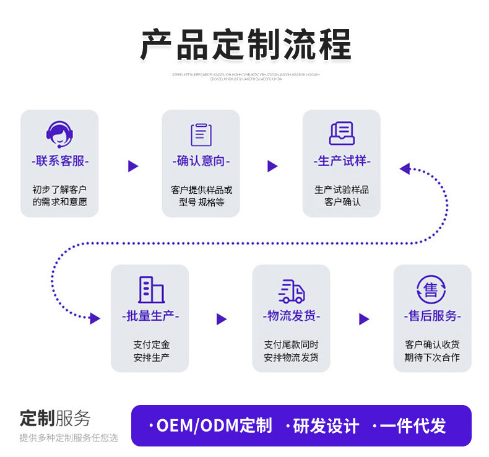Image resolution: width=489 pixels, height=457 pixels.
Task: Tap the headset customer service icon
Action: coord(59,134)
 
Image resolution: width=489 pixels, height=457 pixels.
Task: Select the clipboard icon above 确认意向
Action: coord(201,134)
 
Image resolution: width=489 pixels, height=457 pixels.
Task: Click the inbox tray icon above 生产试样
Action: coord(341,133)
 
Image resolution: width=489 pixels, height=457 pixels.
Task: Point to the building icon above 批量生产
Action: coord(150,289)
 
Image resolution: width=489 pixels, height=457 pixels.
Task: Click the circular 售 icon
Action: coord(431,289)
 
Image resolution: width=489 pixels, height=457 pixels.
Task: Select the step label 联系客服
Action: coord(60,161)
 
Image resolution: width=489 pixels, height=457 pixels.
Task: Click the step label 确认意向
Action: coord(201,161)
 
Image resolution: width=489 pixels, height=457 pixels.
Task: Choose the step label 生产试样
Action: coord(341,161)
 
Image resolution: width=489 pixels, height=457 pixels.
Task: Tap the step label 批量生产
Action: coord(150,316)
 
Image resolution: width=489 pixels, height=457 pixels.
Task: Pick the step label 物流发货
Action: coord(292,316)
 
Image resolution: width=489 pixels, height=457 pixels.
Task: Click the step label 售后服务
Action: coord(432,316)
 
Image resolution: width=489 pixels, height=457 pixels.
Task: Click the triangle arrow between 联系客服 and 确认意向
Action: coord(132,166)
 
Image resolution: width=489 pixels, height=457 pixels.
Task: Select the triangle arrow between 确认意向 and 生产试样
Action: coord(272,166)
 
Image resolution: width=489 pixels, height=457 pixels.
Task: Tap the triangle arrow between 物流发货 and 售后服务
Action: coord(364,319)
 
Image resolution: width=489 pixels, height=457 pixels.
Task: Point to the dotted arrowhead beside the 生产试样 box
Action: coord(405,168)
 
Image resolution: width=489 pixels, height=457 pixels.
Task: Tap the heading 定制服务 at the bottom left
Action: coord(55,418)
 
